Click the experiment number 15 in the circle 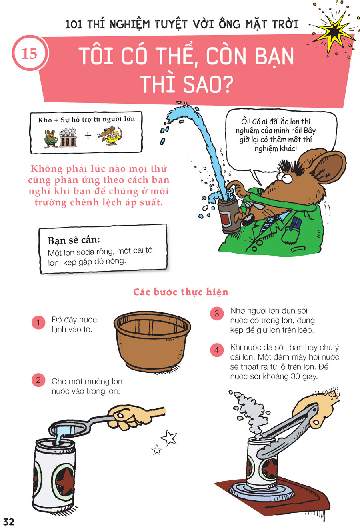(30, 54)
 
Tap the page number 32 (9, 522)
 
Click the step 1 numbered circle (38, 322)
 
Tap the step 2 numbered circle (38, 380)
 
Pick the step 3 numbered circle (217, 314)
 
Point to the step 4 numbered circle (217, 350)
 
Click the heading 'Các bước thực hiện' (181, 292)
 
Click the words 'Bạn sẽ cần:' (74, 240)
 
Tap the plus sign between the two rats (88, 136)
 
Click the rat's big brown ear (328, 167)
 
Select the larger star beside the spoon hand (169, 438)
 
